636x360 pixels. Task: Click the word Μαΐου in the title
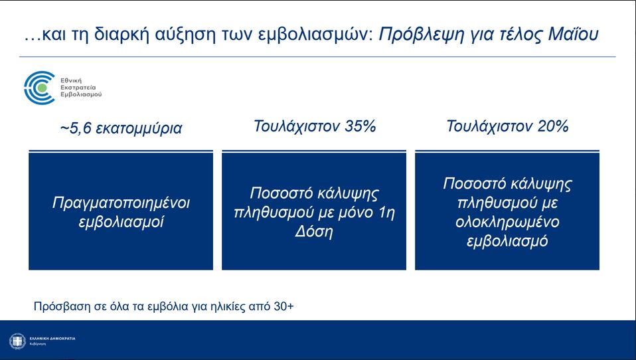tap(575, 35)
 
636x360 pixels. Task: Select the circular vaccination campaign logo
tap(40, 88)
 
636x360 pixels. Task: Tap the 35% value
tap(360, 126)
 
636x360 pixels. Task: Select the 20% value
tap(554, 126)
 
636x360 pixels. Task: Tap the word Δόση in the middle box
tap(314, 232)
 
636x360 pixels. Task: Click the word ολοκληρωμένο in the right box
tap(507, 221)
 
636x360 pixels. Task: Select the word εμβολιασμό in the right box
tap(507, 240)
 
